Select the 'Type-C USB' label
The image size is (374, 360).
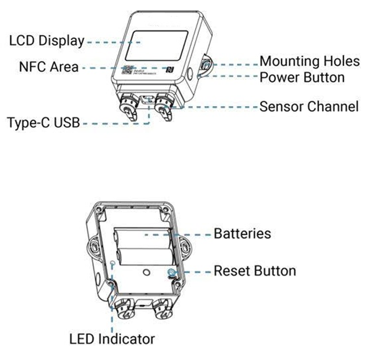click(44, 122)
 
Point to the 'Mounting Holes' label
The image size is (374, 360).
click(309, 61)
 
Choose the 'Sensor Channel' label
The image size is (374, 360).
click(309, 107)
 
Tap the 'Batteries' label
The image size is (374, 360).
click(242, 234)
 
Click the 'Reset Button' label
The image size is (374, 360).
click(255, 271)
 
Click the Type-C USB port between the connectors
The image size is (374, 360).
click(149, 98)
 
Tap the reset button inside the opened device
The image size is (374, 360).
click(172, 273)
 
